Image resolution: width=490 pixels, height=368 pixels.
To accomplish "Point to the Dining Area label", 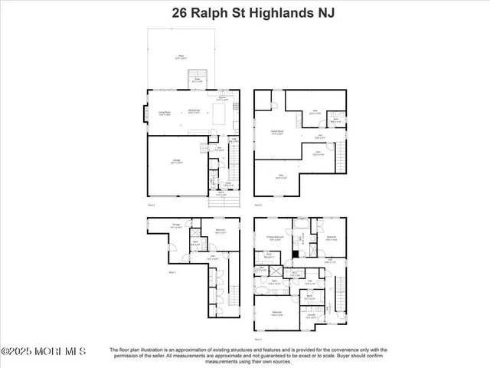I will (x=194, y=111).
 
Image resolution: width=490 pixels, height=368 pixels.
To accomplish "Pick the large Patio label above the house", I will (x=181, y=57).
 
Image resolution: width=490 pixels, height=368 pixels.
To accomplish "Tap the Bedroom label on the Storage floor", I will (x=219, y=230).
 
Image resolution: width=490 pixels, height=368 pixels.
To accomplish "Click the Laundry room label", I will (x=311, y=316).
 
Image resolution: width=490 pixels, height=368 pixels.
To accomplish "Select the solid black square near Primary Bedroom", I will (x=296, y=254).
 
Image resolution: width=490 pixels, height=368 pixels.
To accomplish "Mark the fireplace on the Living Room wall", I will (x=142, y=115).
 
